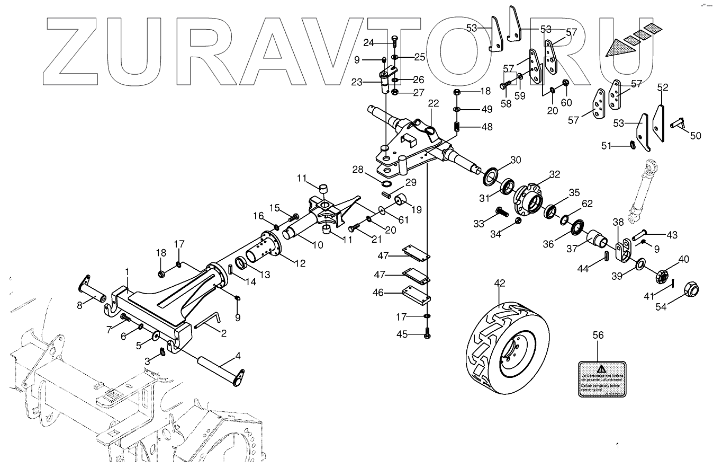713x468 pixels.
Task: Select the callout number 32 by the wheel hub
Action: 554,174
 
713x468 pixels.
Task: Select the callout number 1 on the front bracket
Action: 127,271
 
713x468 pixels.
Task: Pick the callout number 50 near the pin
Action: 695,136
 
